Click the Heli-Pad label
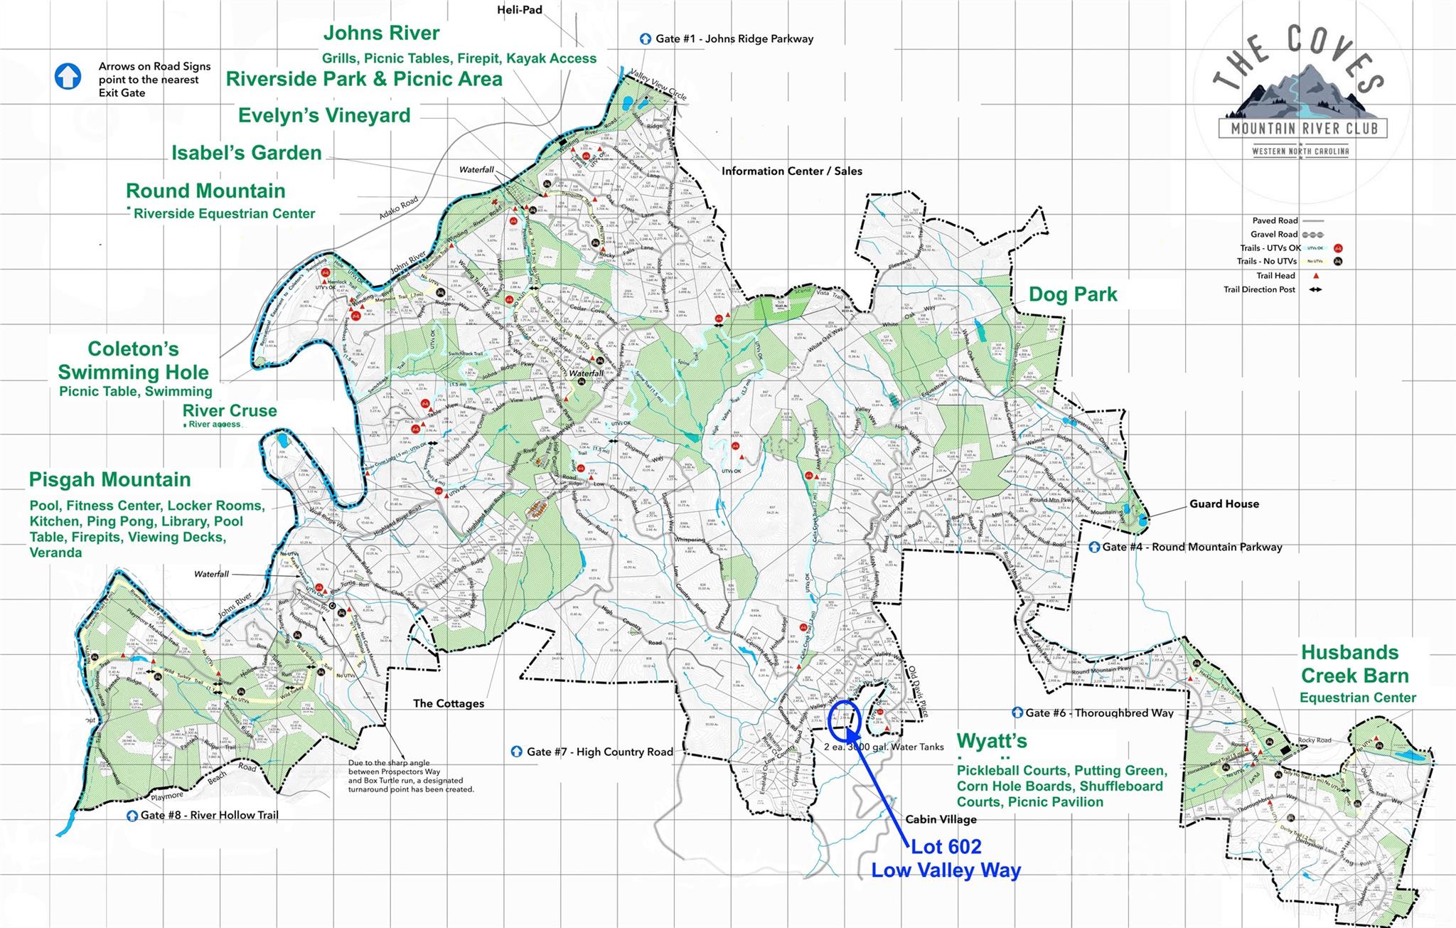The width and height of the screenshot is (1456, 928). pyautogui.click(x=520, y=10)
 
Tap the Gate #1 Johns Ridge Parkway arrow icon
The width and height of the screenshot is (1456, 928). pyautogui.click(x=646, y=39)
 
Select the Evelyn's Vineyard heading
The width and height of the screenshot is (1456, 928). pyautogui.click(x=324, y=115)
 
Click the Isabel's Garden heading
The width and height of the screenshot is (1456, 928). pyautogui.click(x=247, y=153)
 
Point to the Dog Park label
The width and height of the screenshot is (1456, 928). pyautogui.click(x=1073, y=294)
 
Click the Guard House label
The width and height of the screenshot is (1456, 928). pyautogui.click(x=1224, y=503)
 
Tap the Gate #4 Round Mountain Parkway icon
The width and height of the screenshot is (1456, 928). pyautogui.click(x=1095, y=547)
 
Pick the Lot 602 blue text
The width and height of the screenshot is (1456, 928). pyautogui.click(x=946, y=846)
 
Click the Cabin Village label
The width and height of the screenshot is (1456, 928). pyautogui.click(x=941, y=819)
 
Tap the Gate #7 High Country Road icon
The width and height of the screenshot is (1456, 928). pyautogui.click(x=517, y=752)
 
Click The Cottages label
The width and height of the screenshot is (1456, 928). pyautogui.click(x=449, y=703)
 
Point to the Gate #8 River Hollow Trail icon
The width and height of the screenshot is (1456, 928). pyautogui.click(x=132, y=816)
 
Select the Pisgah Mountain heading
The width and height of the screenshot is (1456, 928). pyautogui.click(x=110, y=480)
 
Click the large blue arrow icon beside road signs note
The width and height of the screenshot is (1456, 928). pyautogui.click(x=68, y=77)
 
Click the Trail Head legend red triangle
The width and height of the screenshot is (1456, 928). pyautogui.click(x=1316, y=276)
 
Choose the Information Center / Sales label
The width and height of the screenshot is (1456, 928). pyautogui.click(x=791, y=171)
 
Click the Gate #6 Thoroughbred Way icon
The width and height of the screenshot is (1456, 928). pyautogui.click(x=1017, y=713)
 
